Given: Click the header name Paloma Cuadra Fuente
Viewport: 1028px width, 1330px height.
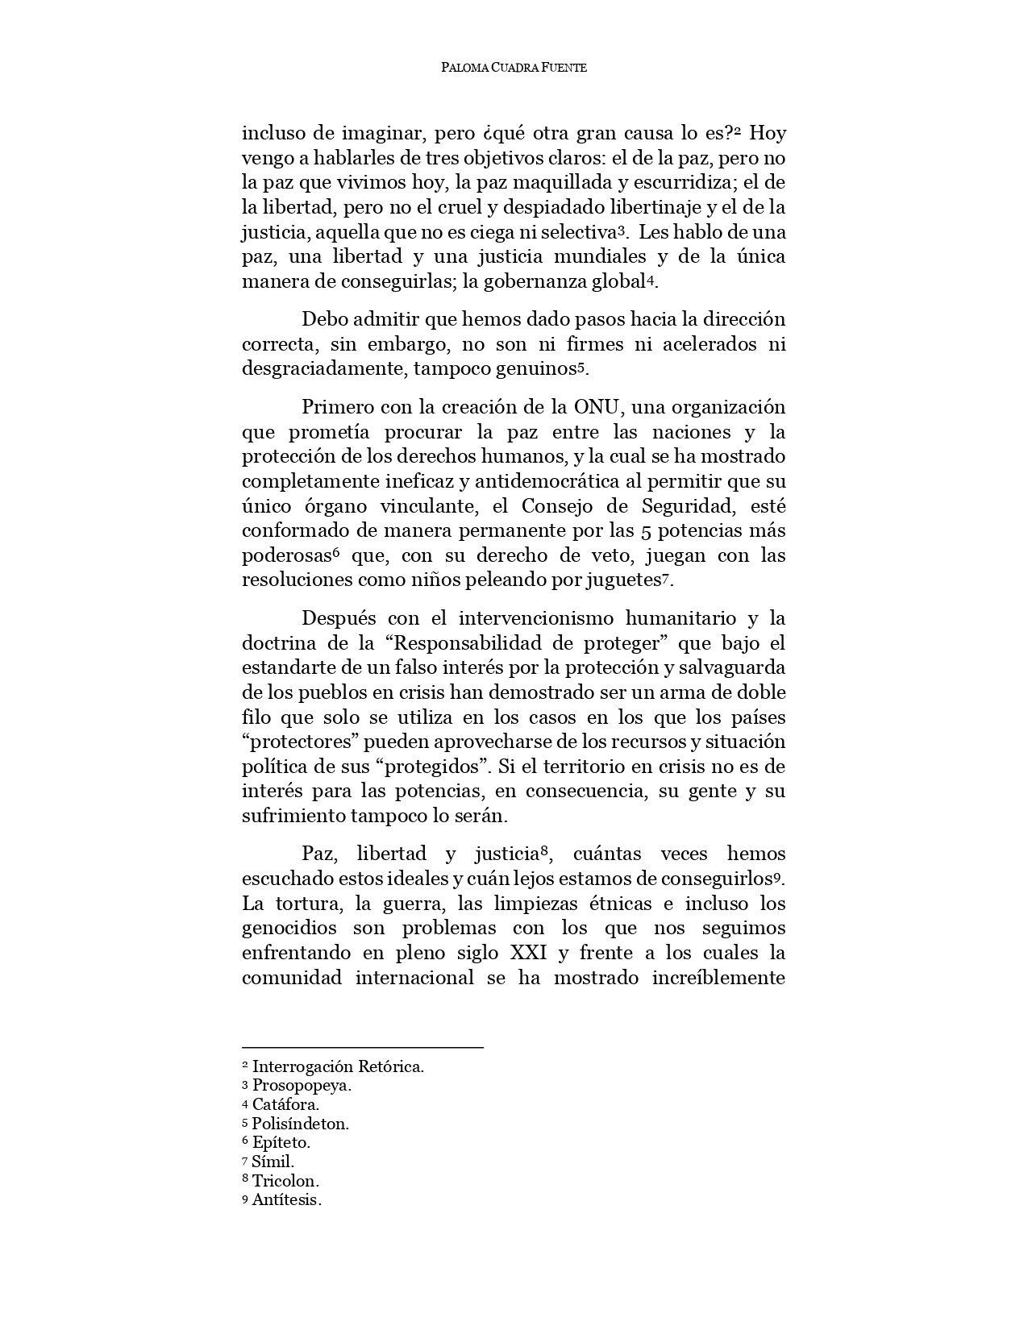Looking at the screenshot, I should click(x=514, y=68).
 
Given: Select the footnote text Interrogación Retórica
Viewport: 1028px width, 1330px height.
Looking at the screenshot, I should click(x=338, y=1066).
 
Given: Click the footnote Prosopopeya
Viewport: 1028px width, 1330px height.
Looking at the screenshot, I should click(x=302, y=1085).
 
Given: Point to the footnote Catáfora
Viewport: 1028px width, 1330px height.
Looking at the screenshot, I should click(x=285, y=1104).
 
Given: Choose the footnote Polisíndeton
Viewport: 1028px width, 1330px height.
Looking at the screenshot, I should click(x=300, y=1124).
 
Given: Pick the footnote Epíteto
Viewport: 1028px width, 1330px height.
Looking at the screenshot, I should click(x=281, y=1142).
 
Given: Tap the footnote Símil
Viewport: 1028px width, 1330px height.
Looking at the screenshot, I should click(x=273, y=1162).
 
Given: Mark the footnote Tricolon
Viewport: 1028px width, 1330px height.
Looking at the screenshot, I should click(x=285, y=1181).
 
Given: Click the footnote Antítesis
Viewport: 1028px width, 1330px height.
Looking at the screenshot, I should click(x=286, y=1200).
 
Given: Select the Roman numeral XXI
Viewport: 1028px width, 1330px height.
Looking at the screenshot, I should click(x=529, y=953).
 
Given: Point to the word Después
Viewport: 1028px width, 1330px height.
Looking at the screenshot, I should click(x=339, y=618).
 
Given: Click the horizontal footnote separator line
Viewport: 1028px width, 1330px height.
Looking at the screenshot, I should click(x=363, y=1047).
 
